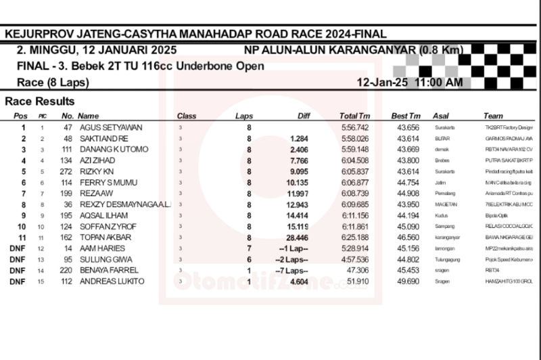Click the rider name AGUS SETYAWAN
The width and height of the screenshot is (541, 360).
(x=111, y=128)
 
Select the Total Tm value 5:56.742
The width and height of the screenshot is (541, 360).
(x=354, y=128)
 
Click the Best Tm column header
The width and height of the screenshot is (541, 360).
(x=406, y=116)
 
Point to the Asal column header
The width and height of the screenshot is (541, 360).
(x=440, y=116)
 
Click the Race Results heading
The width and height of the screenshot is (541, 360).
(x=40, y=102)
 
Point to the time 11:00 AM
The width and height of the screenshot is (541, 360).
(x=439, y=83)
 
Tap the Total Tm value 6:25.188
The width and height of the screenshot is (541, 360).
(x=354, y=238)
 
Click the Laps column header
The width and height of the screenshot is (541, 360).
(x=244, y=116)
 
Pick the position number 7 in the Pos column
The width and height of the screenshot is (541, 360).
(x=23, y=194)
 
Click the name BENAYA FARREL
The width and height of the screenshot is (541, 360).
(x=109, y=271)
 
